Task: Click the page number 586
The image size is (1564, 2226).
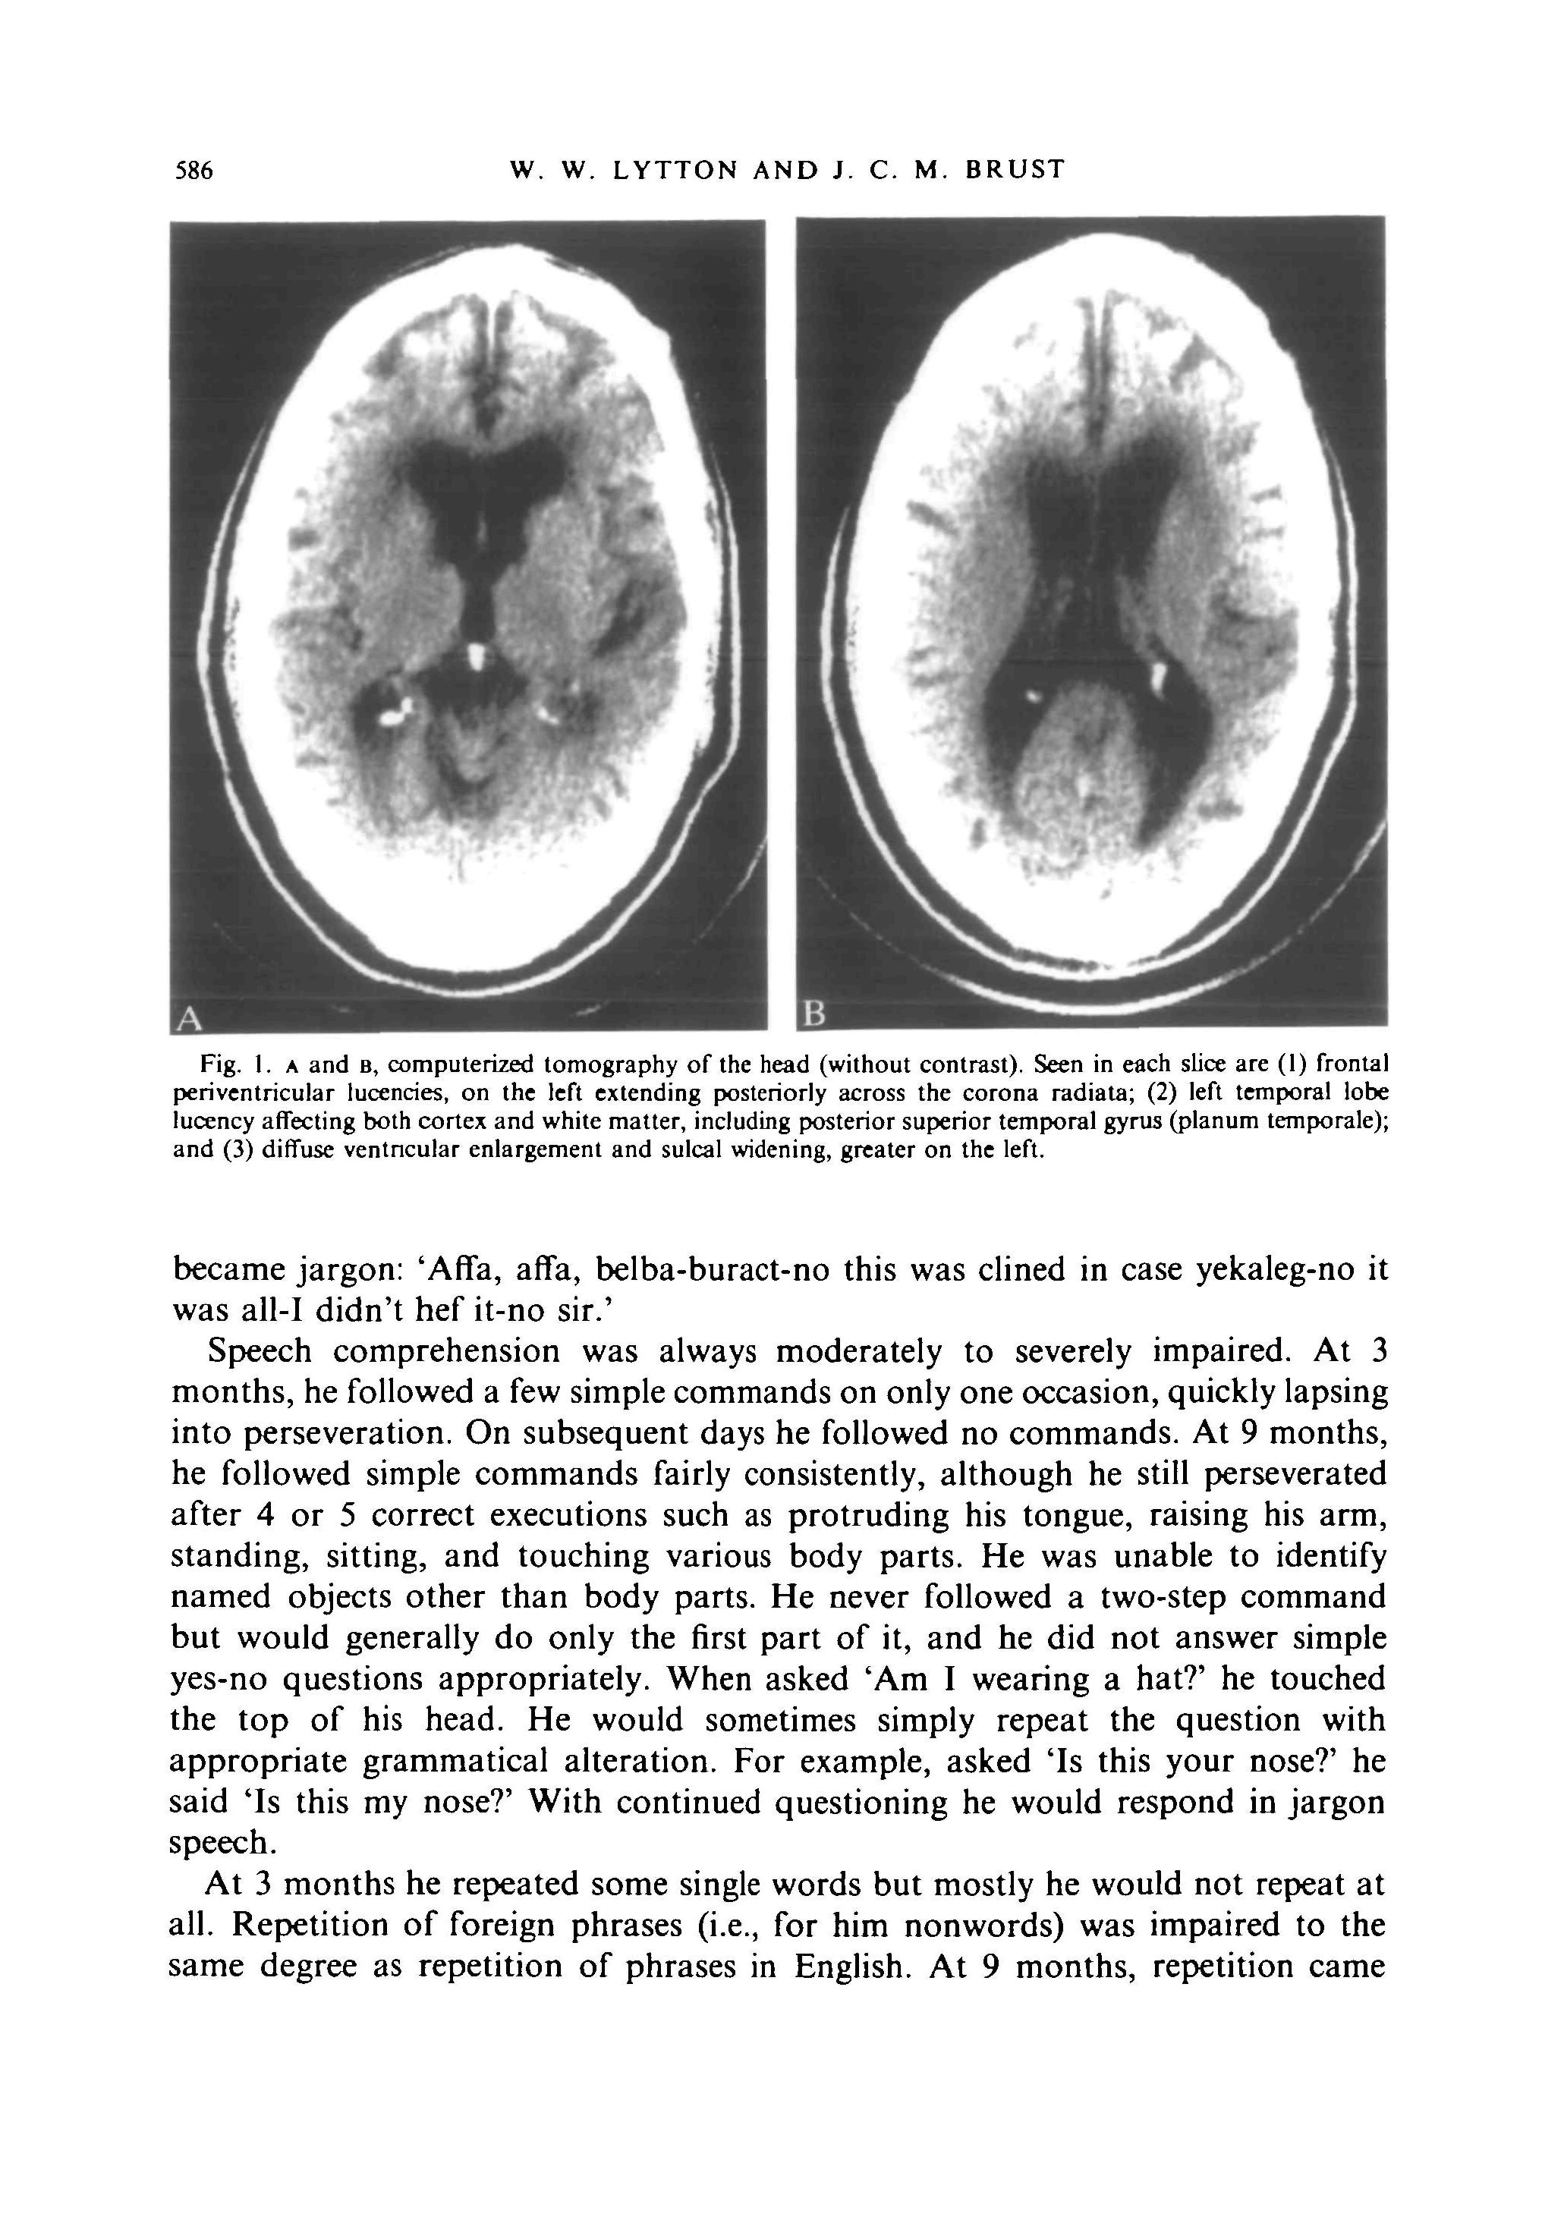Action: tap(192, 171)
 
